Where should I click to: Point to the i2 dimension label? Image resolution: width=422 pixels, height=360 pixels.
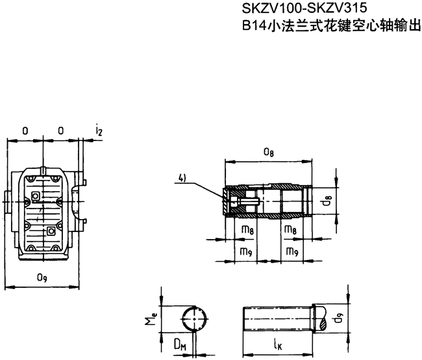pyautogui.click(x=99, y=131)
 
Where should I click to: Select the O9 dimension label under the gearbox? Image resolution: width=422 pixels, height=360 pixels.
pyautogui.click(x=42, y=278)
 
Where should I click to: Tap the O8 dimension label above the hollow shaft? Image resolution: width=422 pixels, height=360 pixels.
pyautogui.click(x=267, y=153)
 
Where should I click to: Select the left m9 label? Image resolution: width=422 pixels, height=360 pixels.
pyautogui.click(x=247, y=250)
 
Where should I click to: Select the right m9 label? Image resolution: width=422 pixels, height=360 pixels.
pyautogui.click(x=291, y=250)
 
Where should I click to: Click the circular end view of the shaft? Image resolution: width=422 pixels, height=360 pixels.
pyautogui.click(x=195, y=320)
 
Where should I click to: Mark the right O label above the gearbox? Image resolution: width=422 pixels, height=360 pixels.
pyautogui.click(x=60, y=131)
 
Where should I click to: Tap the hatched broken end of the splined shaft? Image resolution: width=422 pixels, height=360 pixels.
pyautogui.click(x=322, y=320)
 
